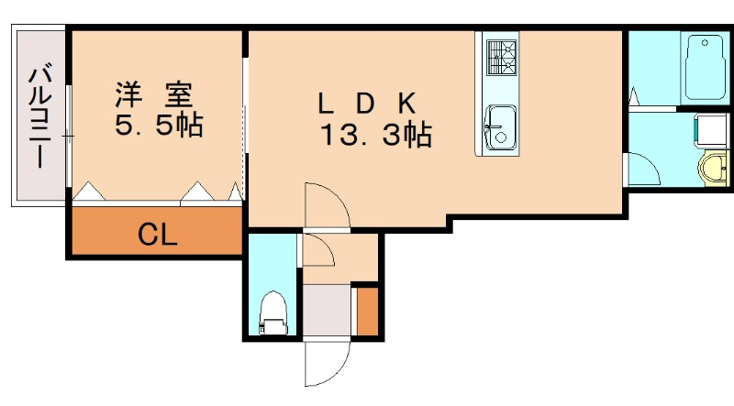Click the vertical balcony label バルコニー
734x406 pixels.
pos(39,115)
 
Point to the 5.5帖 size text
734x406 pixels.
pos(158,126)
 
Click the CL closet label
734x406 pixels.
pos(157,236)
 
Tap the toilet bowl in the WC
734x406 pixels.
pos(272,312)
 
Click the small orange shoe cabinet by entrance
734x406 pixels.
pos(367,311)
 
